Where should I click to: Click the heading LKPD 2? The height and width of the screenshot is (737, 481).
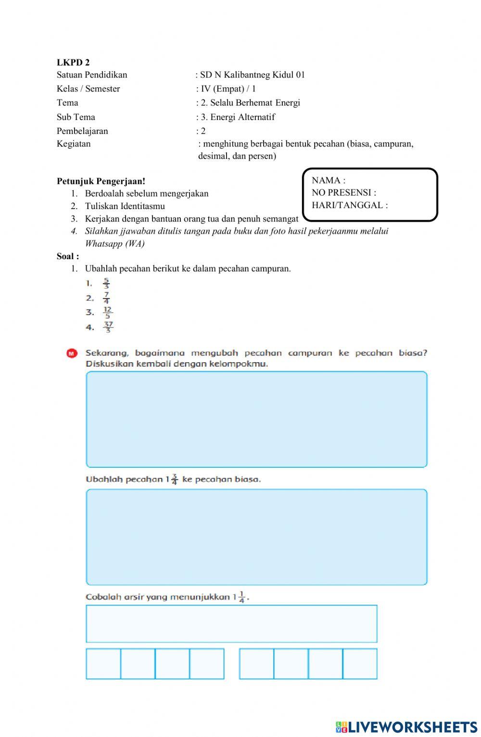pyautogui.click(x=73, y=62)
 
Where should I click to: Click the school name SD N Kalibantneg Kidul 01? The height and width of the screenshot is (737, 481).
pyautogui.click(x=253, y=75)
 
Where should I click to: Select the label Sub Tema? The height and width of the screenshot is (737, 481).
pyautogui.click(x=76, y=117)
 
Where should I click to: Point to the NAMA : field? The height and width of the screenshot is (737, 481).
pyautogui.click(x=329, y=181)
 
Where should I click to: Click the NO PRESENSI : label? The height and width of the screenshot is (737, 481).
pyautogui.click(x=344, y=193)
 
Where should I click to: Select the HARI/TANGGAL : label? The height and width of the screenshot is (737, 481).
pyautogui.click(x=350, y=205)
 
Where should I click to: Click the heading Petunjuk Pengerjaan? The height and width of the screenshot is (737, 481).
pyautogui.click(x=101, y=182)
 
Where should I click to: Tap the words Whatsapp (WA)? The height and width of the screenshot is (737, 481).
pyautogui.click(x=114, y=244)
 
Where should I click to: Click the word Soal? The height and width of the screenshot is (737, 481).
pyautogui.click(x=66, y=256)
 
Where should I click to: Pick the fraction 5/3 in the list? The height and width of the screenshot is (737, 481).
pyautogui.click(x=106, y=283)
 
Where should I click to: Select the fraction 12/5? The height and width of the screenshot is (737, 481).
pyautogui.click(x=107, y=313)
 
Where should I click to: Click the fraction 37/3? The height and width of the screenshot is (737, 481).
pyautogui.click(x=108, y=327)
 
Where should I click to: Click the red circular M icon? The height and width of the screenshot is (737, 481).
pyautogui.click(x=72, y=353)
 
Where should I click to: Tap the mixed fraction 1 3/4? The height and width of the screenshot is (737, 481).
pyautogui.click(x=172, y=479)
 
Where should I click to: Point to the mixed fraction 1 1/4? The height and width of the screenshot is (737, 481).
pyautogui.click(x=239, y=597)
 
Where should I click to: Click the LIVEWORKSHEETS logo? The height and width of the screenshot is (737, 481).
pyautogui.click(x=406, y=727)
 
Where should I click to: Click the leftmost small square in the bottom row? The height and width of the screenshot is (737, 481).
pyautogui.click(x=103, y=664)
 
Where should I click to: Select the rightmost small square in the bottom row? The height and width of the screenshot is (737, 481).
pyautogui.click(x=360, y=664)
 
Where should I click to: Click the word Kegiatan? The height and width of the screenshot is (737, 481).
pyautogui.click(x=74, y=144)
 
